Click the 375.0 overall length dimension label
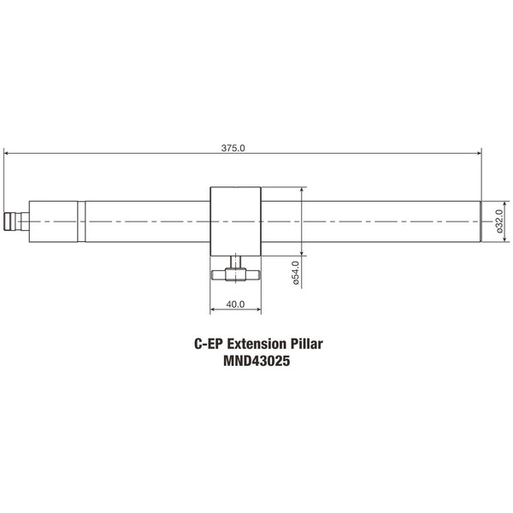pos(233,148)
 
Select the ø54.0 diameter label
pos(295,273)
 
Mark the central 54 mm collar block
pos(235,221)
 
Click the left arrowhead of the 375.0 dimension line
pos(7,154)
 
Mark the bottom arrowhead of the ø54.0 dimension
pos(304,253)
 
